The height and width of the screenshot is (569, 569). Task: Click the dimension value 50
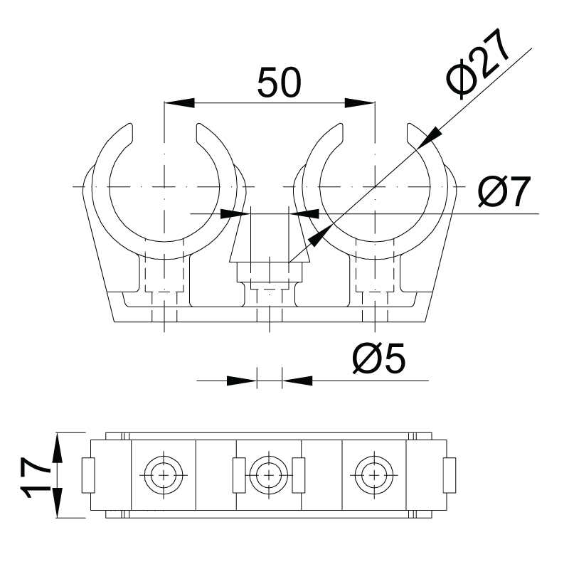(279, 83)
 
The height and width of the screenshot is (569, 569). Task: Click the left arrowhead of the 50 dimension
(179, 102)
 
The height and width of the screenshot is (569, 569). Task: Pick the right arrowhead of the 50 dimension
(360, 102)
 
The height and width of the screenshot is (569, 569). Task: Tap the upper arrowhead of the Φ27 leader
(430, 139)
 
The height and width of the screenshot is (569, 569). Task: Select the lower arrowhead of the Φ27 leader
(320, 235)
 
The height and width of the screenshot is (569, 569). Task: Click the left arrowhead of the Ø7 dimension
(235, 214)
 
